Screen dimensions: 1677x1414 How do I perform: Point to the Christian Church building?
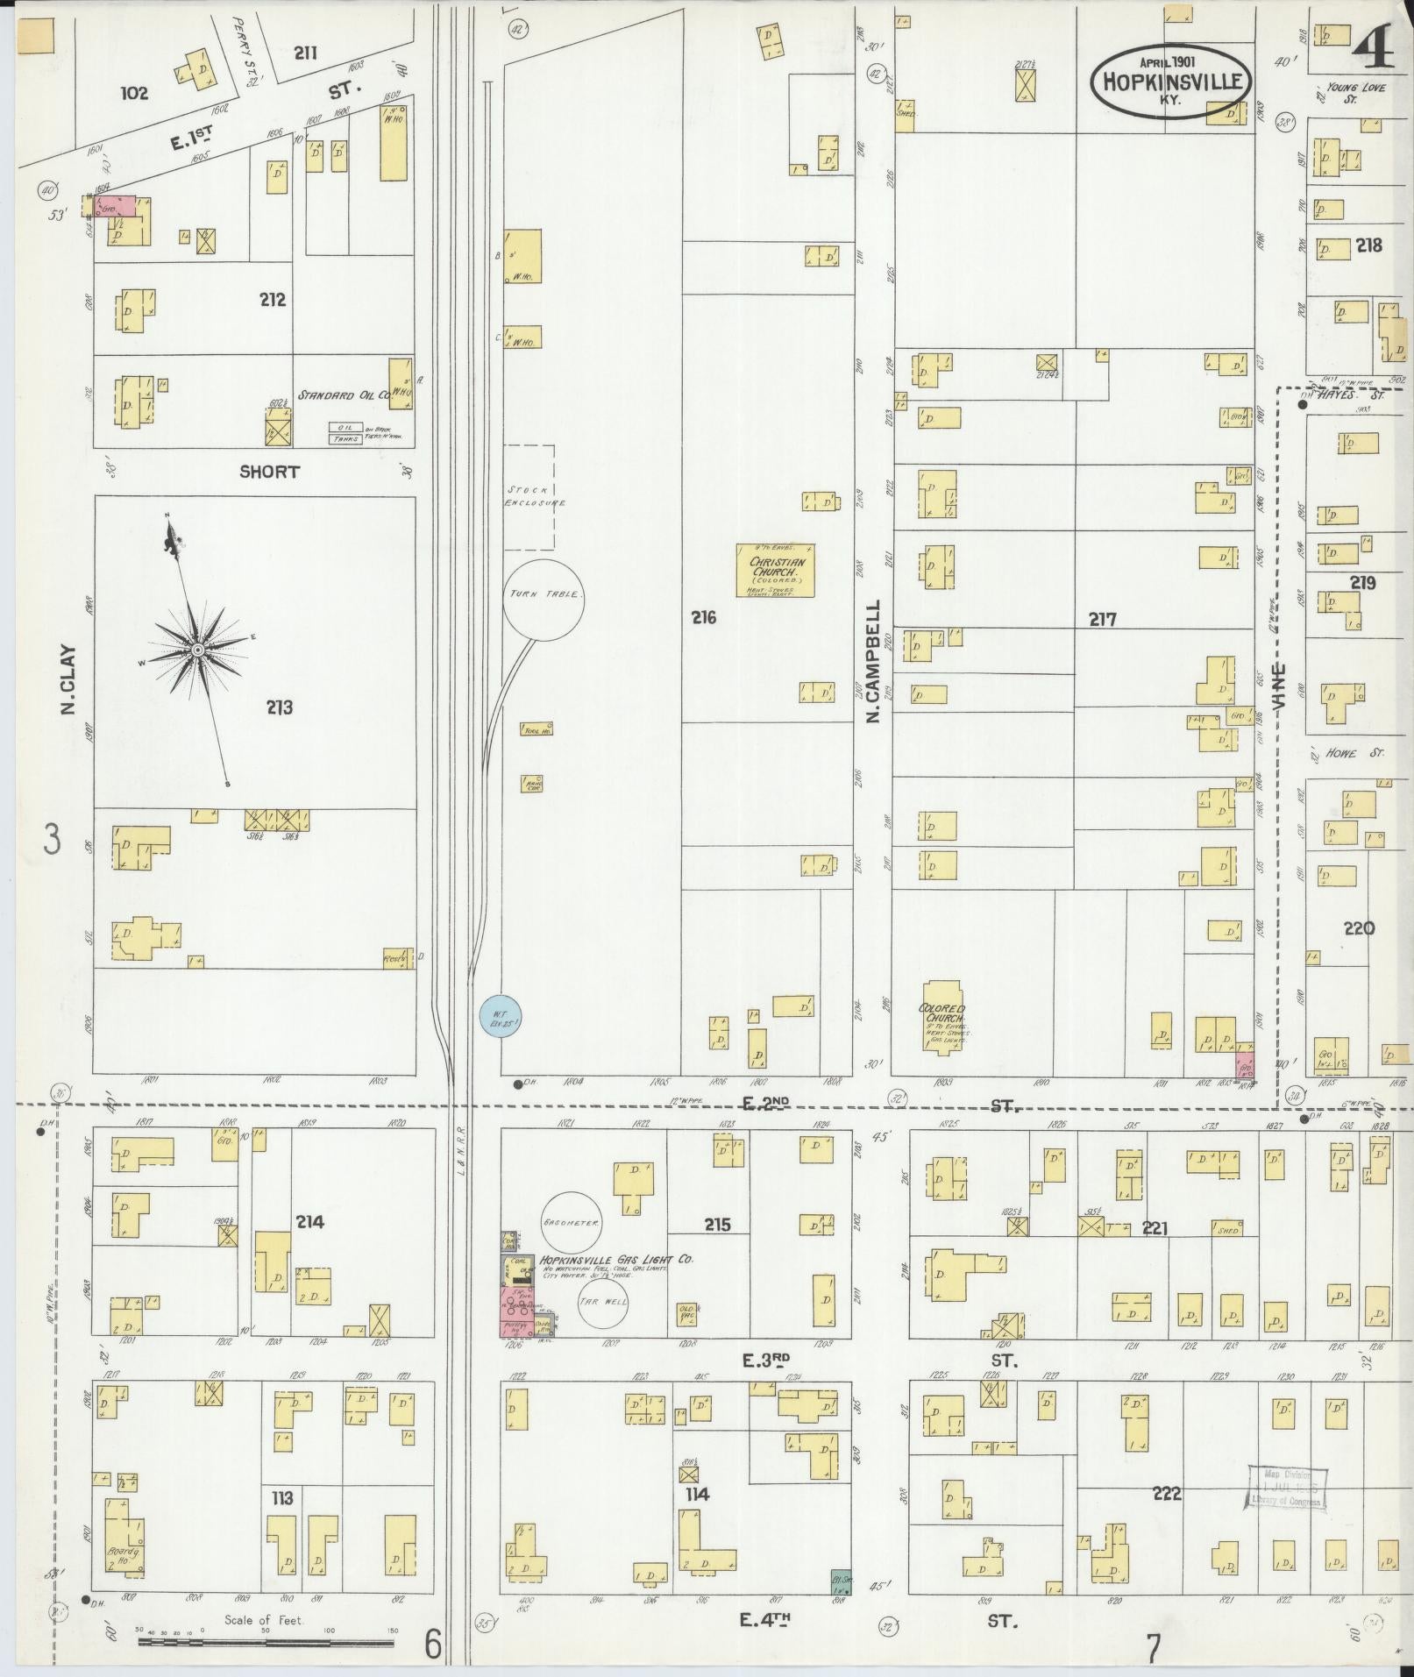[x=775, y=571]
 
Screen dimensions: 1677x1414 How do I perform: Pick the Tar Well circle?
[x=603, y=1302]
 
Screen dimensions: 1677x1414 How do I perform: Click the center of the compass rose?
[x=198, y=650]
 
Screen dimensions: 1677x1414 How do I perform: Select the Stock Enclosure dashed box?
[x=529, y=496]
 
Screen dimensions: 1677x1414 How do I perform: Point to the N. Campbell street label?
[x=873, y=662]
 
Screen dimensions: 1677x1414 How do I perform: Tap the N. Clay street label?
[x=68, y=680]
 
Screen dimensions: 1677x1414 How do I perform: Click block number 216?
[x=702, y=617]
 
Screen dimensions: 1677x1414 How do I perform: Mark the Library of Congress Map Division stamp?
[x=1285, y=1488]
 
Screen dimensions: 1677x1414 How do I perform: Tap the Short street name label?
[x=269, y=472]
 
